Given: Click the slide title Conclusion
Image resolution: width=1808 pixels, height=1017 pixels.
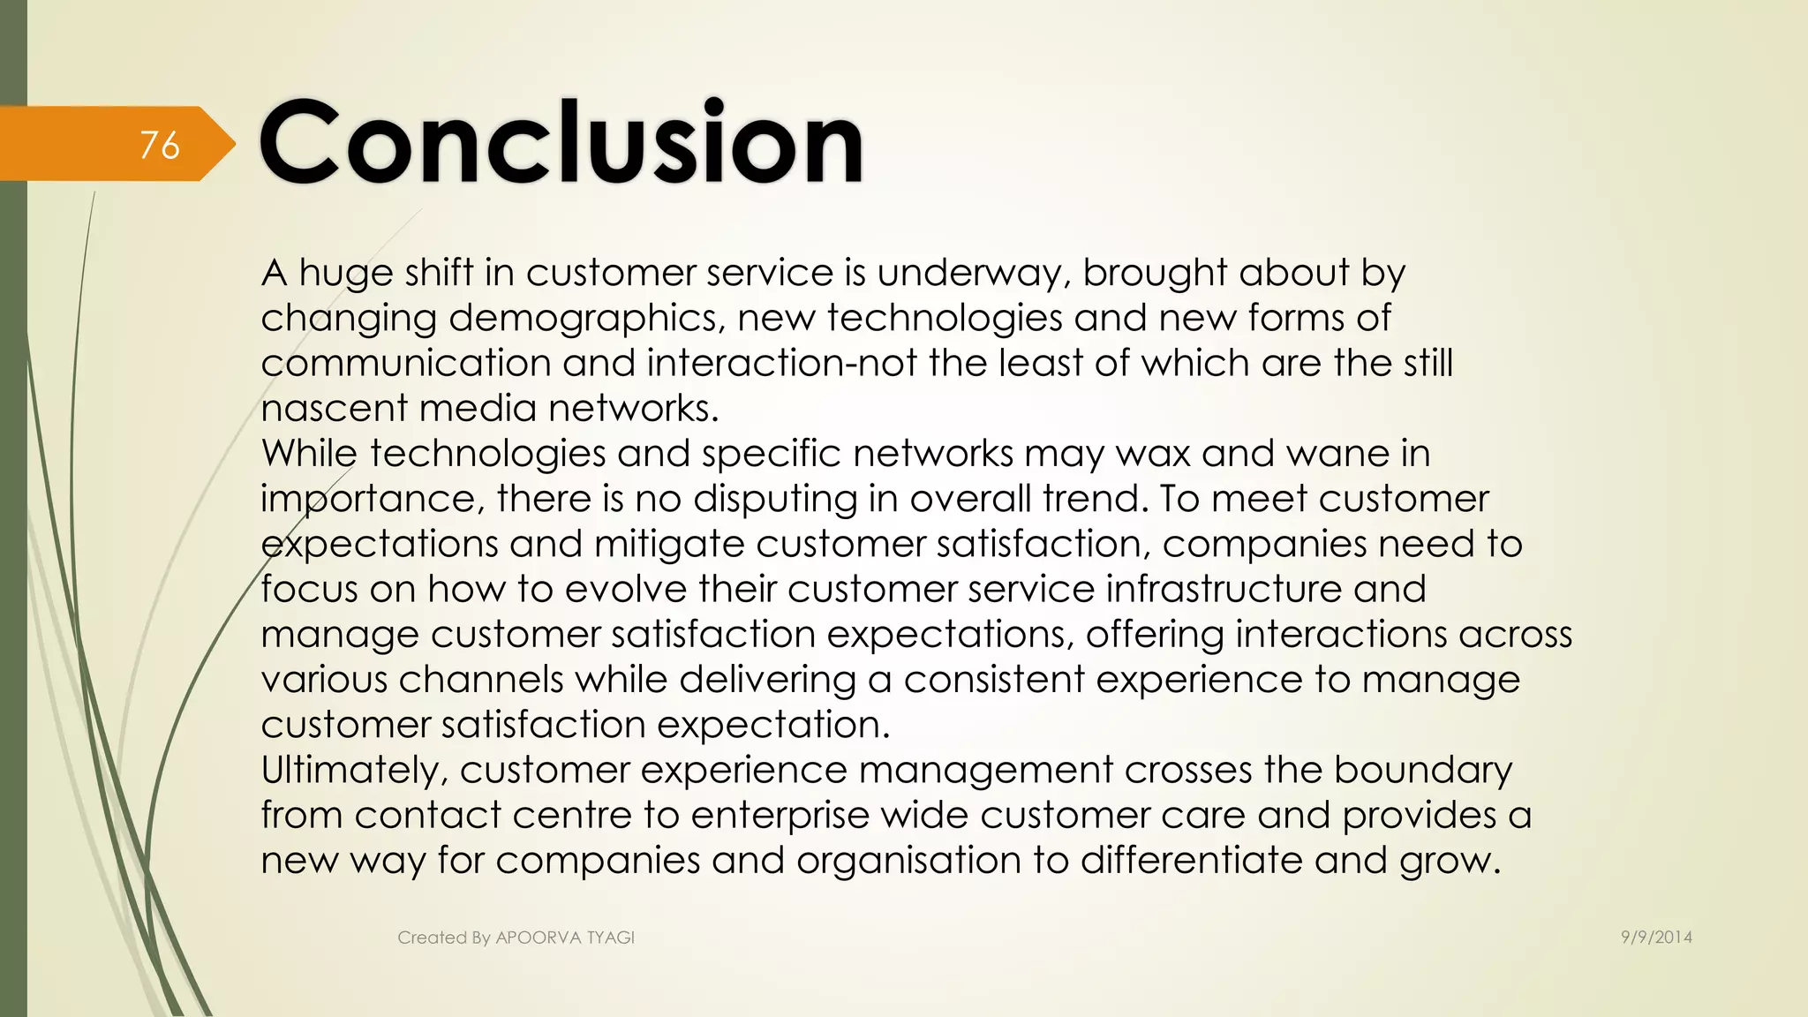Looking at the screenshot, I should point(561,141).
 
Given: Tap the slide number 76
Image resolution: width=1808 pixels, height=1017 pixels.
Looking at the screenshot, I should point(160,145).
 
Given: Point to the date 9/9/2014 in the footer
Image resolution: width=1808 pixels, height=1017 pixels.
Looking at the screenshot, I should point(1656,938).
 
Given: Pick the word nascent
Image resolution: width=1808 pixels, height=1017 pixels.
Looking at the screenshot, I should point(334,409).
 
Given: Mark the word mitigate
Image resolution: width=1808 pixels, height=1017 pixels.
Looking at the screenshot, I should point(669,545).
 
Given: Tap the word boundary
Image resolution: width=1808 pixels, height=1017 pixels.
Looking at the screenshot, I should point(1422,771).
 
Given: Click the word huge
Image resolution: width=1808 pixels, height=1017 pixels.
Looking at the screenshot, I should point(346,274).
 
